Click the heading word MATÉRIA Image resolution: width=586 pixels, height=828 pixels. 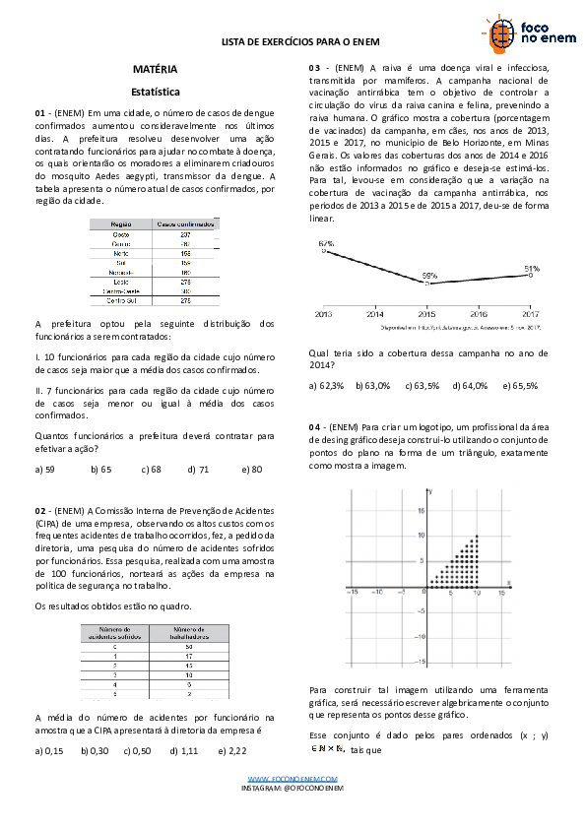click(x=156, y=70)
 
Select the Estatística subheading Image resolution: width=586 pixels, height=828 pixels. click(x=156, y=92)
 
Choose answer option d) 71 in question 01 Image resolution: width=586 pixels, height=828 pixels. click(x=198, y=470)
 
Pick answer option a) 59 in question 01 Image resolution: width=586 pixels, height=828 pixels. click(x=44, y=470)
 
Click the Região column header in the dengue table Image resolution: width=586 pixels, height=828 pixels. click(x=121, y=224)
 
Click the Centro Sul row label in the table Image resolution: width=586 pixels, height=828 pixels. click(x=122, y=300)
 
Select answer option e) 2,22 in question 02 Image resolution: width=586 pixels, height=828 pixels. click(x=232, y=751)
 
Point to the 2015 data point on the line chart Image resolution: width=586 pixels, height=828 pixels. click(x=427, y=284)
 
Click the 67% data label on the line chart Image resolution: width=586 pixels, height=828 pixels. click(x=326, y=242)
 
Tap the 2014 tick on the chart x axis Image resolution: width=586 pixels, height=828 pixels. click(x=374, y=313)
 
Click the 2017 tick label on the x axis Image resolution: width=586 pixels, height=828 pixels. click(x=531, y=313)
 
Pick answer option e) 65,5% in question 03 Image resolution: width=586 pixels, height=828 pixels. click(x=520, y=385)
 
